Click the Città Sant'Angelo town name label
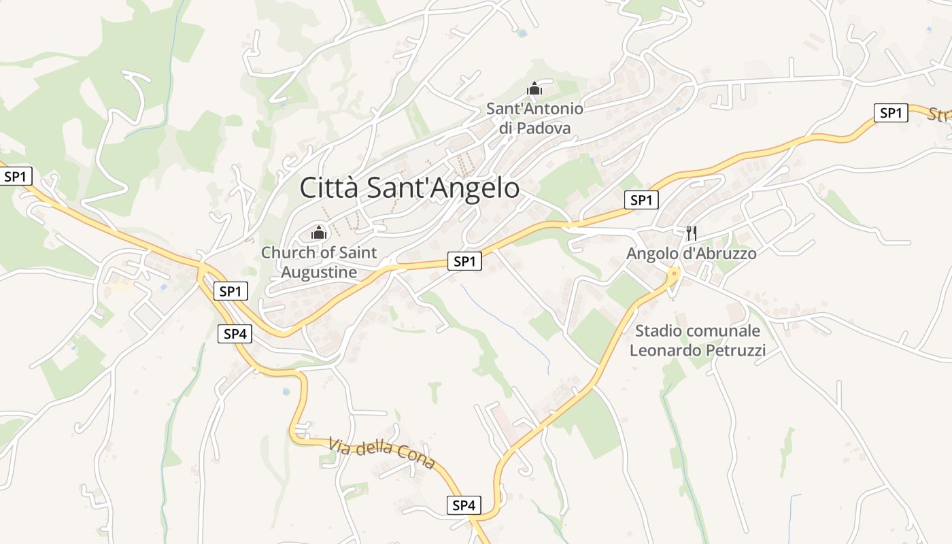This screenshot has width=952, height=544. [x=409, y=188]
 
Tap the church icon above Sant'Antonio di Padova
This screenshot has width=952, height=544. [x=534, y=88]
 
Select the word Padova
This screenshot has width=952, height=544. [x=543, y=128]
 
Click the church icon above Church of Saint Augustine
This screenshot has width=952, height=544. [x=318, y=233]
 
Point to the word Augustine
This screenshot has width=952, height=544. [x=319, y=273]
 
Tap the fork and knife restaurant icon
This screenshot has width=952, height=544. [x=691, y=233]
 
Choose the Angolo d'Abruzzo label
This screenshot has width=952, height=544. [x=691, y=254]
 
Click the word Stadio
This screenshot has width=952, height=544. [x=660, y=331]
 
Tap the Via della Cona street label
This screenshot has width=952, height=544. [x=381, y=454]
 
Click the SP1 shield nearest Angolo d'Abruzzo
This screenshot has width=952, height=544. [x=641, y=200]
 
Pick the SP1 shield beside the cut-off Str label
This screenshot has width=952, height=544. [x=891, y=113]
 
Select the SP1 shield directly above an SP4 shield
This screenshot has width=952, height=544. [x=231, y=292]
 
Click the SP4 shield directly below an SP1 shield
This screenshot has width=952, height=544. [x=235, y=334]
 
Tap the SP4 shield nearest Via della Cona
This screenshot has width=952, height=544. [x=464, y=505]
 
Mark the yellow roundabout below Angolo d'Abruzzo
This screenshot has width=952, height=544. [x=674, y=273]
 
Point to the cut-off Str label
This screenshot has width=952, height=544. [x=940, y=115]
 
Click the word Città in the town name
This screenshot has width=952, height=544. [x=329, y=188]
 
